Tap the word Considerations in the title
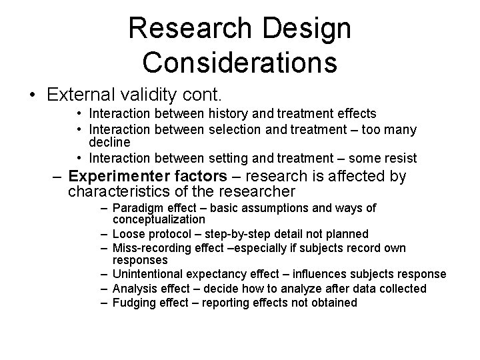[239, 63]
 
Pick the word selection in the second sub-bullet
[230, 129]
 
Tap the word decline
[109, 142]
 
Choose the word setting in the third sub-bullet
[224, 158]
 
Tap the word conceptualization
[159, 219]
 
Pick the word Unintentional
[149, 274]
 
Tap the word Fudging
[135, 303]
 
